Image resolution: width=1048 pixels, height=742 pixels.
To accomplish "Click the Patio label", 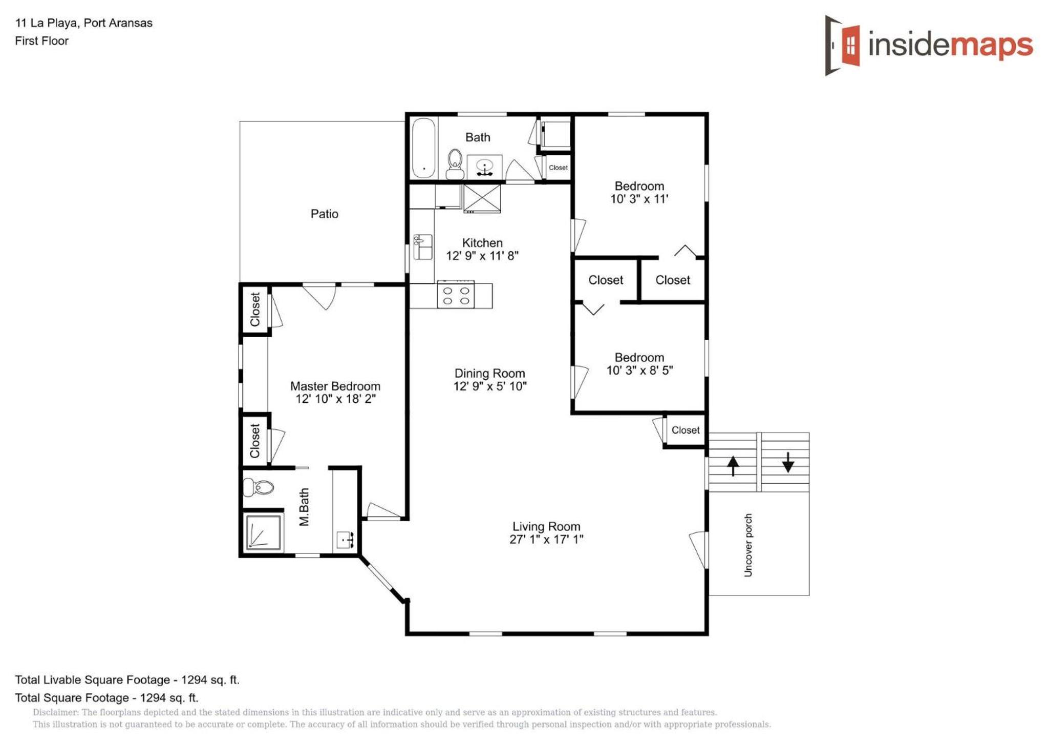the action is [324, 214].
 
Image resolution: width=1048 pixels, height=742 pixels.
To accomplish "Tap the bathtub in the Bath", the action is [423, 148].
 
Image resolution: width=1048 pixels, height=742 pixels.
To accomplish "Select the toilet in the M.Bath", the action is [259, 487].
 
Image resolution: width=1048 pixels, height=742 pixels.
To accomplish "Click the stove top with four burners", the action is [456, 295].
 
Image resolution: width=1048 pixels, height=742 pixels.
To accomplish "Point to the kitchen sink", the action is [422, 247].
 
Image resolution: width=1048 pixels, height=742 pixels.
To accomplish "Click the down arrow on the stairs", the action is [788, 462].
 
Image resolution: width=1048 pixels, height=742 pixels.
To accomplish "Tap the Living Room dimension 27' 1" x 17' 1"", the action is [546, 539].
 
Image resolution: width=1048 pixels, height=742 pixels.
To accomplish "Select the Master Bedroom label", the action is [335, 386].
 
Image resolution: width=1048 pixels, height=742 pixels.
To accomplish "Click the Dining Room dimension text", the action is [490, 386].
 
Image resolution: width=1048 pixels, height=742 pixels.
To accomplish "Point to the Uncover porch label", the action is [748, 545].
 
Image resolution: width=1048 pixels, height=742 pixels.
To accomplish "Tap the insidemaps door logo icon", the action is [842, 45].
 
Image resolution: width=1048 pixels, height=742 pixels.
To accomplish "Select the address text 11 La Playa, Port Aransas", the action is [84, 23].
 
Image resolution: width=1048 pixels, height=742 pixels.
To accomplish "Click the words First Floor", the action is [41, 41].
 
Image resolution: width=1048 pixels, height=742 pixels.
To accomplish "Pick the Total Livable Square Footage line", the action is [127, 680].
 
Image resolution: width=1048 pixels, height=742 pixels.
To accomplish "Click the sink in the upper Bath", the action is [484, 167].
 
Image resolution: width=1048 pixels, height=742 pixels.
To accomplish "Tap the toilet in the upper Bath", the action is [455, 164].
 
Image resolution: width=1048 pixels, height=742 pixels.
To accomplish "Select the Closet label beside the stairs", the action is [686, 430].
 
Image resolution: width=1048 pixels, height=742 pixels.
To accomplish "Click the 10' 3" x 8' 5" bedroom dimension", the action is [639, 370].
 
